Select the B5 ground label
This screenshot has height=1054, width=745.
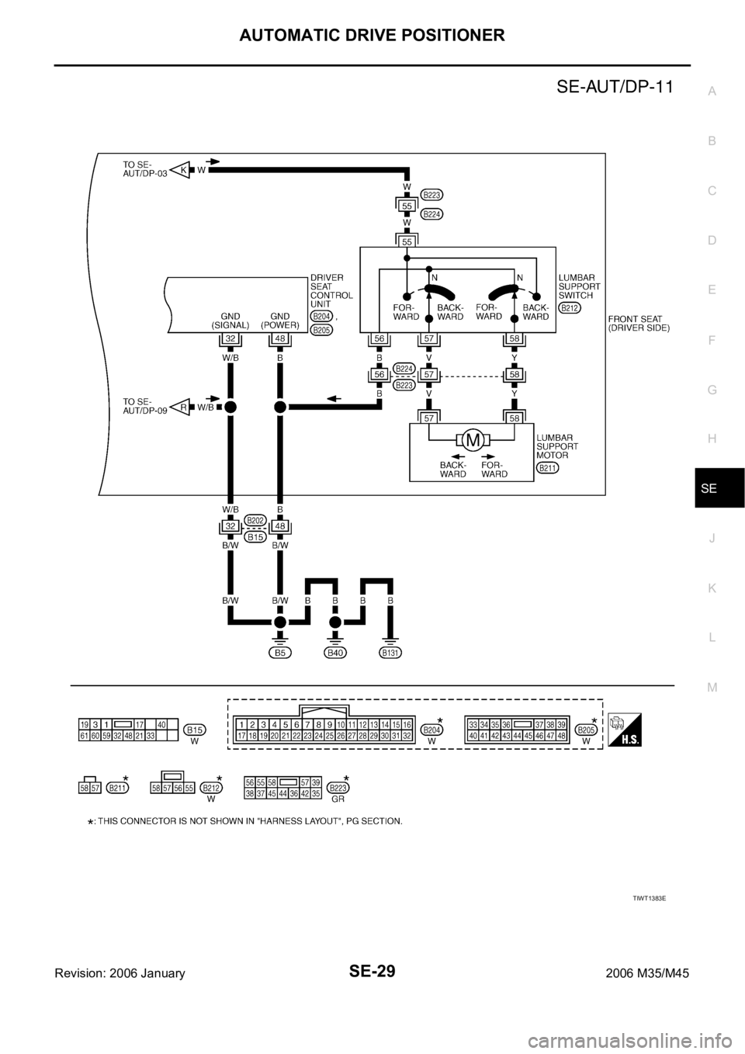pyautogui.click(x=283, y=653)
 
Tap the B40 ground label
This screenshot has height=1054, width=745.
pyautogui.click(x=335, y=653)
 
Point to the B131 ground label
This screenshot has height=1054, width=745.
pyautogui.click(x=391, y=653)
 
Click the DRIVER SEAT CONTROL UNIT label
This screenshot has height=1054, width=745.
pyautogui.click(x=331, y=285)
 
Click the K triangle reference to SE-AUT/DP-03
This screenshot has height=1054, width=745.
pyautogui.click(x=179, y=169)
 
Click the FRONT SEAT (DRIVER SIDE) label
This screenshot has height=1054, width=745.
pyautogui.click(x=639, y=323)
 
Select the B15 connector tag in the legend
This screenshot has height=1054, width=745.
pyautogui.click(x=196, y=730)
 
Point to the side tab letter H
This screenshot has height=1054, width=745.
pyautogui.click(x=712, y=439)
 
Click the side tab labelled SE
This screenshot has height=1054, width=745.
pyautogui.click(x=712, y=489)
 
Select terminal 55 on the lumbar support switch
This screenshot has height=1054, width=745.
pyautogui.click(x=407, y=241)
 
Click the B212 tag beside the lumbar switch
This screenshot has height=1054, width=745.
pyautogui.click(x=570, y=308)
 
